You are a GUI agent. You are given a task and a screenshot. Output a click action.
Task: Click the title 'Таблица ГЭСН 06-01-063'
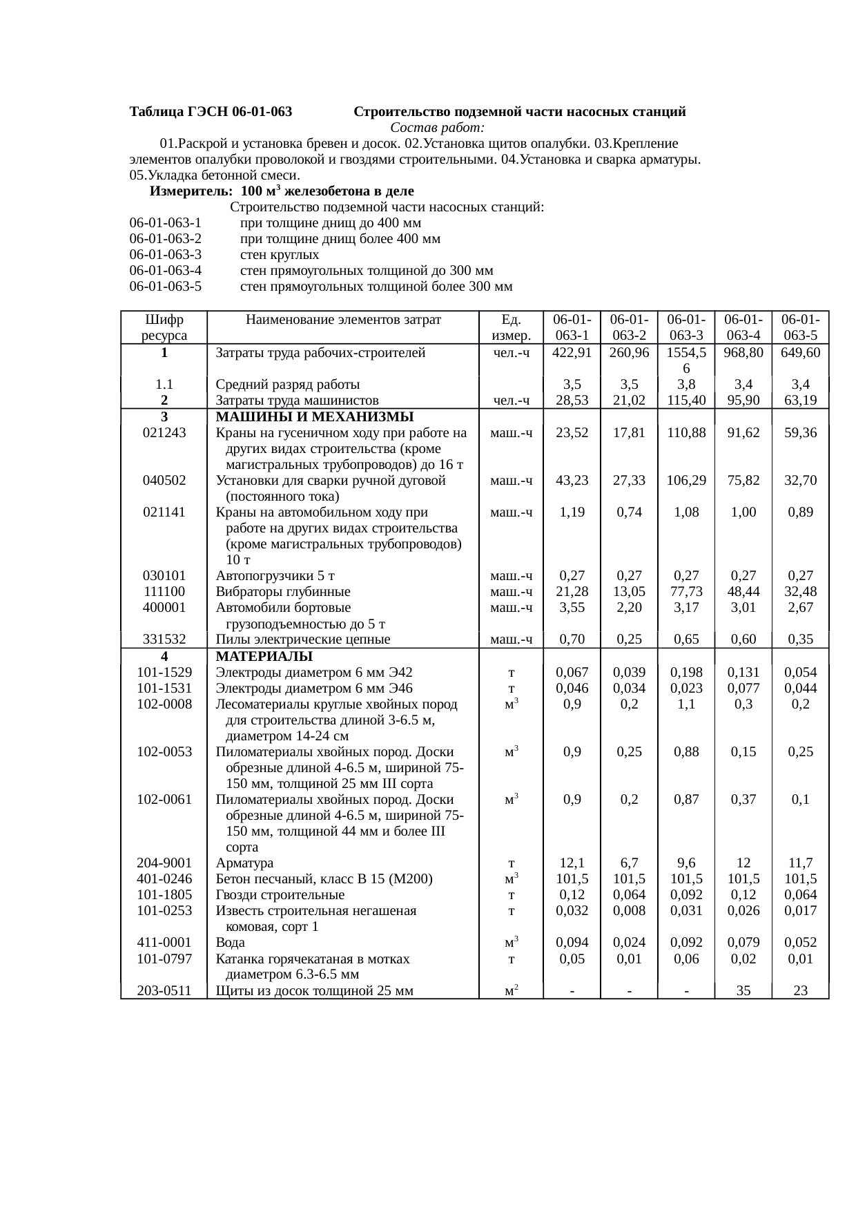[x=211, y=112]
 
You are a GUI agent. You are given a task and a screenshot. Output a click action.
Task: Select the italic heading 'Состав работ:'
[x=437, y=128]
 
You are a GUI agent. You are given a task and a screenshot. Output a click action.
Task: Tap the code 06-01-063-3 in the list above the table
[x=165, y=255]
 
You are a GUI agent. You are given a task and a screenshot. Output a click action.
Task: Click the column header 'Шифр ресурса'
[x=164, y=327]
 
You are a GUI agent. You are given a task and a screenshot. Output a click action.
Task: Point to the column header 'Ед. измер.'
[x=511, y=327]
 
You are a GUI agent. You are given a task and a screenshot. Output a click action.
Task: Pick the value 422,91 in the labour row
[x=572, y=353]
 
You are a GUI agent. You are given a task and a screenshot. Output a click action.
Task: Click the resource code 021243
[x=164, y=433]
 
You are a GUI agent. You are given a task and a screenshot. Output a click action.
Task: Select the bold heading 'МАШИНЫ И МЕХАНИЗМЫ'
[x=314, y=417]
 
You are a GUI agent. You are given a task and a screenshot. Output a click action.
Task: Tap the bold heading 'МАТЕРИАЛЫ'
[x=264, y=656]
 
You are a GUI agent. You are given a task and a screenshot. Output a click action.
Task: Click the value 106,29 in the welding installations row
[x=686, y=481]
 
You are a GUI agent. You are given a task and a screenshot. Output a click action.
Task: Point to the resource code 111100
[x=164, y=592]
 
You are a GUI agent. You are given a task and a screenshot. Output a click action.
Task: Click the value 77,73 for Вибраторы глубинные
[x=686, y=592]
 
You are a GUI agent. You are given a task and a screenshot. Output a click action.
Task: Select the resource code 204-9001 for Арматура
[x=164, y=863]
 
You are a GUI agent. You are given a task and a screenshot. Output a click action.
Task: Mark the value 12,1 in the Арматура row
[x=572, y=863]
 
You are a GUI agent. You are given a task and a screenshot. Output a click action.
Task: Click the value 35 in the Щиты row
[x=743, y=991]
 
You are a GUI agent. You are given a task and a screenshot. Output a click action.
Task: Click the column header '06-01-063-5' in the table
[x=800, y=327]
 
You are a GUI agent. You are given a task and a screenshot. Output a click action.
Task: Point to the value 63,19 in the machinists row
[x=800, y=401]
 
